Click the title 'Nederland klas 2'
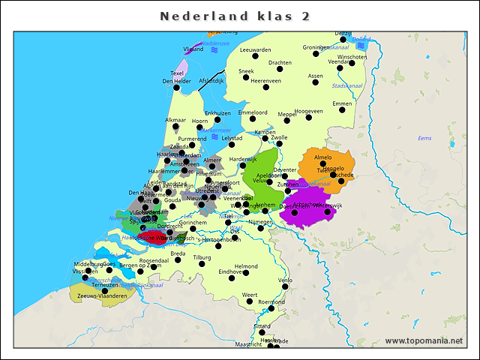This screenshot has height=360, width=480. [x=235, y=16]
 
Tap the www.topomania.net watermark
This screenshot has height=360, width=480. [x=424, y=340]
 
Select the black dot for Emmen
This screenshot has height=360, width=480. [x=342, y=110]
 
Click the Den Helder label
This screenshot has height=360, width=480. [x=176, y=81]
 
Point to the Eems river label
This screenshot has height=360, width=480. [x=424, y=138]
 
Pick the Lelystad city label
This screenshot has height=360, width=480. [x=231, y=138]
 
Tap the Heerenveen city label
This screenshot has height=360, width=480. [x=265, y=80]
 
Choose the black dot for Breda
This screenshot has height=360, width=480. [x=180, y=261]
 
